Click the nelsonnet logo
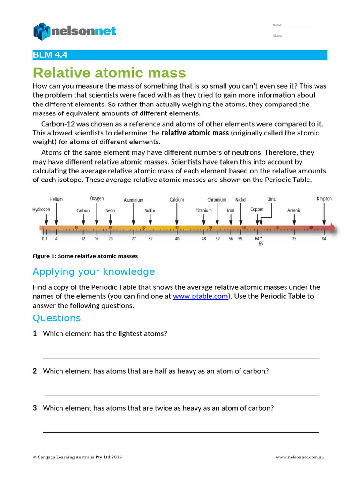click(x=75, y=31)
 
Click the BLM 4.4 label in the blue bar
click(x=50, y=55)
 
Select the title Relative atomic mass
click(x=109, y=73)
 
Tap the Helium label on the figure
click(x=56, y=199)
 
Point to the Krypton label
click(x=324, y=199)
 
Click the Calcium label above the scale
click(x=177, y=200)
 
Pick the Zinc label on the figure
click(x=272, y=199)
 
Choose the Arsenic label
click(x=294, y=210)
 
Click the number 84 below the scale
click(x=324, y=239)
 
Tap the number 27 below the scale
click(x=134, y=239)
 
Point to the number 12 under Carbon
click(x=83, y=239)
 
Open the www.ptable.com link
click(x=200, y=296)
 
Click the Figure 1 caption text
click(x=85, y=256)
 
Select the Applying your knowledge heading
click(x=94, y=272)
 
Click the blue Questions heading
click(x=57, y=318)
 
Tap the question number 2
click(x=35, y=371)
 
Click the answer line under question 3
click(x=180, y=432)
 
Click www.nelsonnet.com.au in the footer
click(x=300, y=457)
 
